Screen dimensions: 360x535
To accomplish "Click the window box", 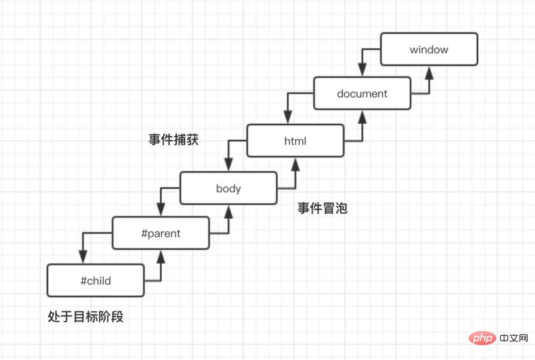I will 429,49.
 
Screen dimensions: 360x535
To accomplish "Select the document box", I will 362,94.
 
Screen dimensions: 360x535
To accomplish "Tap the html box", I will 295,141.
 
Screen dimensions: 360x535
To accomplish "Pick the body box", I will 228,188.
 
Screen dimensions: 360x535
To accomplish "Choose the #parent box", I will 161,234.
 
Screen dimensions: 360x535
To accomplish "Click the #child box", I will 95,280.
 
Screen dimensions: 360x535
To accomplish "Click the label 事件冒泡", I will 322,209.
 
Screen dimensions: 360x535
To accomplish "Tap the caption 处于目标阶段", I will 86,317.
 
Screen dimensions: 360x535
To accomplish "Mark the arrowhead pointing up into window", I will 429,71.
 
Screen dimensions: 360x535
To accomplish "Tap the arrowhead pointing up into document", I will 362,116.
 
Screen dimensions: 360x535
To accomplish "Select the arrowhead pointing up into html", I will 295,163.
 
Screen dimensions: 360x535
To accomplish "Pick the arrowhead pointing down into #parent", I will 161,210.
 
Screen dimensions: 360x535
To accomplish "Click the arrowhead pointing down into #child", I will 82,258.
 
